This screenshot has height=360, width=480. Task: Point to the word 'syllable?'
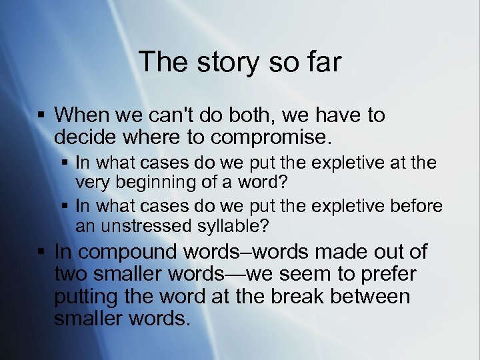pyautogui.click(x=235, y=225)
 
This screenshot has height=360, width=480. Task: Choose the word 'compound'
pyautogui.click(x=130, y=253)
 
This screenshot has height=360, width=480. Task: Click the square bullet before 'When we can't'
pyautogui.click(x=41, y=116)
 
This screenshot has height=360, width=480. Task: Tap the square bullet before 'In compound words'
pyautogui.click(x=41, y=253)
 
